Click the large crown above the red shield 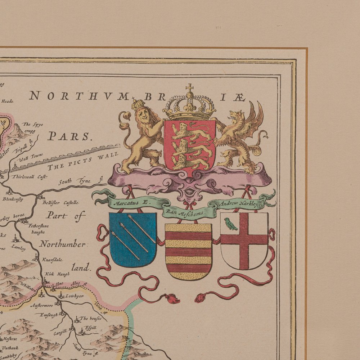tap(189, 106)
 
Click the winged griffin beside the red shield tap(241, 137)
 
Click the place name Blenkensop tap(13, 199)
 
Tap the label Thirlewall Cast tap(30, 177)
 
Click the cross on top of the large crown tap(189, 87)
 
